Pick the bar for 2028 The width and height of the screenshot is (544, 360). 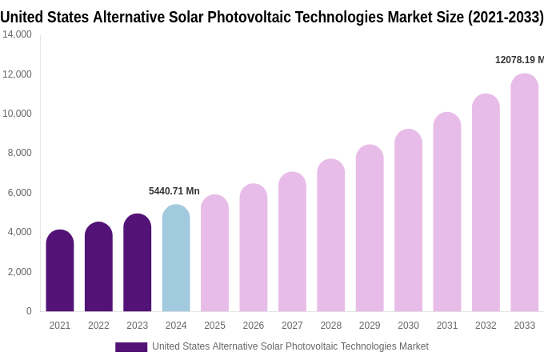click(331, 235)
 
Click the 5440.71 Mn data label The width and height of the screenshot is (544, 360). click(174, 191)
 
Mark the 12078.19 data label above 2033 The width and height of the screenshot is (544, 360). click(519, 60)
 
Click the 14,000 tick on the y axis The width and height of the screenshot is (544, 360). click(17, 34)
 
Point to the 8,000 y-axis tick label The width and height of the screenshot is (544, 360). click(19, 153)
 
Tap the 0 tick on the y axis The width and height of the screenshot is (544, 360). click(29, 311)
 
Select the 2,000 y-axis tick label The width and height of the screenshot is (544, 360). click(19, 272)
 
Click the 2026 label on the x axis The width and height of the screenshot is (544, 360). click(254, 326)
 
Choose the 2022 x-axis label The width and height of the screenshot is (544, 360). click(98, 326)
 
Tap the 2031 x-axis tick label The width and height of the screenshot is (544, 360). click(447, 326)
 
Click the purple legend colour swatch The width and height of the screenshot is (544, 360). click(131, 346)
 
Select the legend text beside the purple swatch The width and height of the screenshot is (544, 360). click(290, 346)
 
